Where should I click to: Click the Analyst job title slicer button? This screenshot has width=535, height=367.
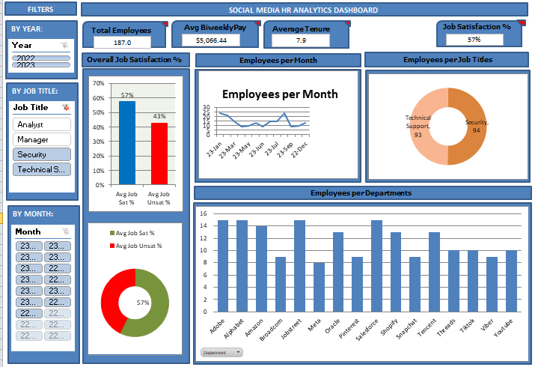click(x=41, y=124)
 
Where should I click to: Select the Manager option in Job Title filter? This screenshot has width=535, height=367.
click(x=41, y=139)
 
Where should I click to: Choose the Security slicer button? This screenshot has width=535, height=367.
click(x=41, y=154)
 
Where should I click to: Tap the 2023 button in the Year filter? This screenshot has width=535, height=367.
click(x=41, y=65)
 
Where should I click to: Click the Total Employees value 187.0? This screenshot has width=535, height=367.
click(x=122, y=43)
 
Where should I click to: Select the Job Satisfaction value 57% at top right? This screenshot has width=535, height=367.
click(x=474, y=40)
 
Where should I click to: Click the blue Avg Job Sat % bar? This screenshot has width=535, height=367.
click(x=127, y=142)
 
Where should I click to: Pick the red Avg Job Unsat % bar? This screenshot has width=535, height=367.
click(x=159, y=153)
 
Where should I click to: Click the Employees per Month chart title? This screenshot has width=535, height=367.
click(x=280, y=94)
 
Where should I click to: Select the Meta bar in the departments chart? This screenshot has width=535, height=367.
click(x=320, y=287)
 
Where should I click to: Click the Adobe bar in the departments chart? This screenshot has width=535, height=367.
click(x=222, y=266)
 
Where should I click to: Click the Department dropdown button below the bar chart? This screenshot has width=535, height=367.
click(x=221, y=352)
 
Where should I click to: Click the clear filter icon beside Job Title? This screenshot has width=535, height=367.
click(x=66, y=108)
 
